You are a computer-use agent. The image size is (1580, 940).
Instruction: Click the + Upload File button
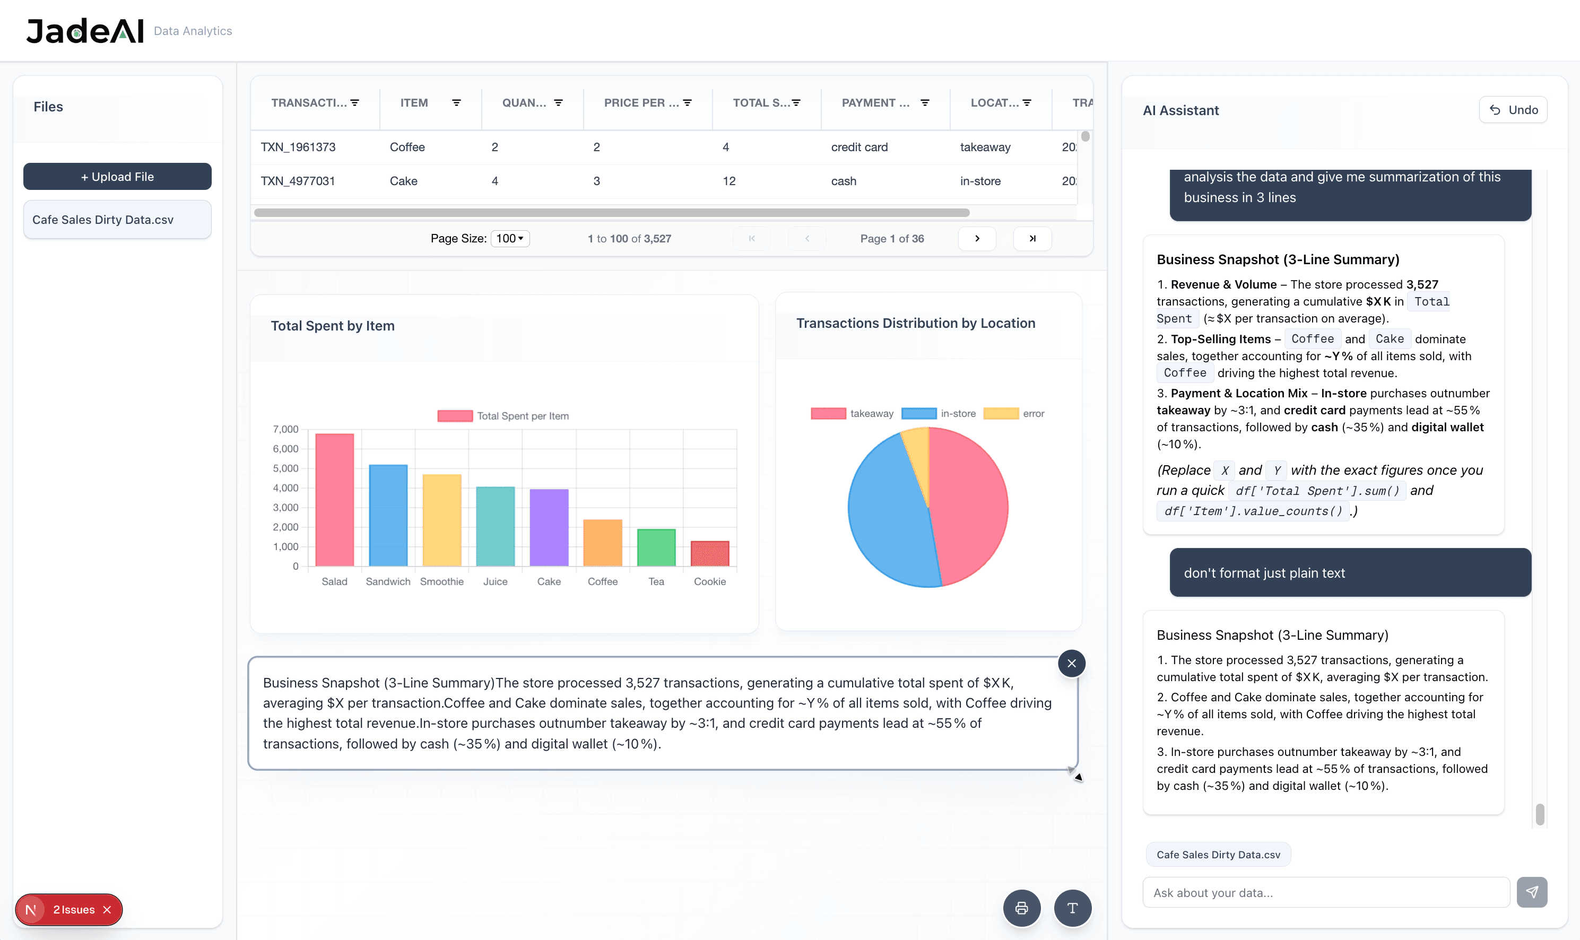[117, 177]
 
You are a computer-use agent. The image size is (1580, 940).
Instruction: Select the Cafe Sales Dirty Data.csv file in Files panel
[117, 220]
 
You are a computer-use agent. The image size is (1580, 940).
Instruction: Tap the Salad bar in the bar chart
[334, 500]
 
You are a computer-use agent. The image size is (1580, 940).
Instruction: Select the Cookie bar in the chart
[709, 554]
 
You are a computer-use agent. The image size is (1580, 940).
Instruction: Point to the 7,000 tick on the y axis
[286, 430]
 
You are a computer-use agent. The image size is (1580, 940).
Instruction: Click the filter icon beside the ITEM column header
[456, 102]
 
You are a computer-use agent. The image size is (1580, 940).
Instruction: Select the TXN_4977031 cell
[298, 181]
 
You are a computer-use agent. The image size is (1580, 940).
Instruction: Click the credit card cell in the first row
[859, 147]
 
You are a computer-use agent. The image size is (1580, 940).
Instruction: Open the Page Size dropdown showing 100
[510, 239]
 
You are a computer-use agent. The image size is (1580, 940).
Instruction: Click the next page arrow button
[977, 239]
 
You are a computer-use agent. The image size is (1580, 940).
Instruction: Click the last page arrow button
[1032, 239]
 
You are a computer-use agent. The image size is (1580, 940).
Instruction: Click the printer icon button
[1021, 908]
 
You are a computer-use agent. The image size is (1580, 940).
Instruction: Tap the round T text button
[1072, 908]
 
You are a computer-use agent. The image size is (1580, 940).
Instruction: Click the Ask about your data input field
[1325, 892]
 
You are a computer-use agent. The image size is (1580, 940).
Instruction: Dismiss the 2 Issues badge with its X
[107, 910]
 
